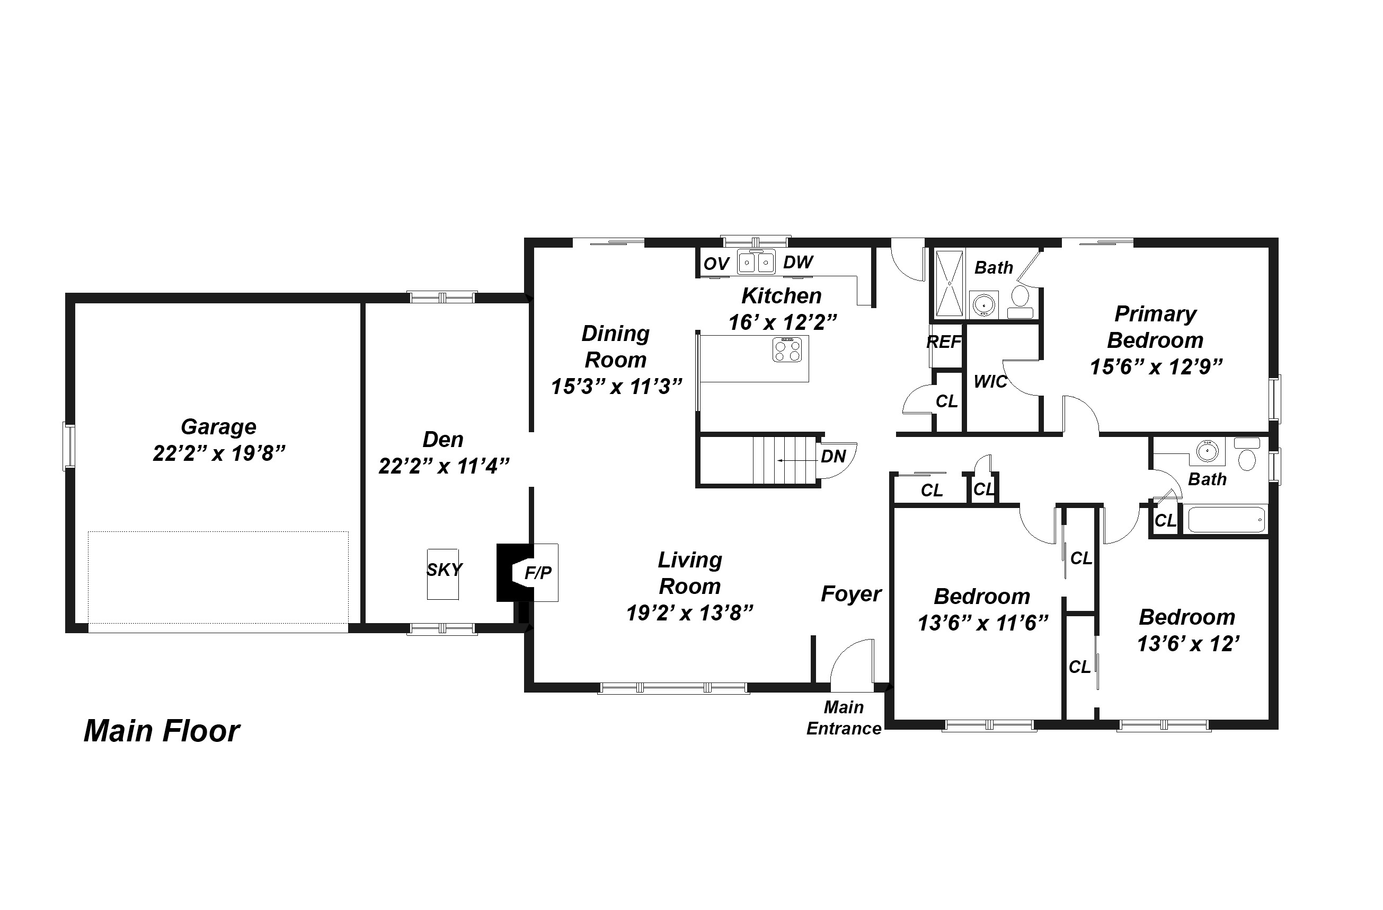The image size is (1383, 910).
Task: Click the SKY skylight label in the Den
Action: (444, 570)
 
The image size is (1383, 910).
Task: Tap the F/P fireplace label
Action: (538, 573)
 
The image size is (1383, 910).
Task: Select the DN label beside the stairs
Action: (834, 457)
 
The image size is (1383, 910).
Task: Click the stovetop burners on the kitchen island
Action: (787, 350)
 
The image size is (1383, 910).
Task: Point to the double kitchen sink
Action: (757, 262)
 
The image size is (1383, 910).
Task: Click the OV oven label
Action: (716, 264)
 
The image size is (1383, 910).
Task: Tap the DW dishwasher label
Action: (798, 262)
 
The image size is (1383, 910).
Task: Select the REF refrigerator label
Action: (944, 342)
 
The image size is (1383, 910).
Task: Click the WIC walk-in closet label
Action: (991, 381)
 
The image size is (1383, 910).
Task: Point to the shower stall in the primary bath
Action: (950, 283)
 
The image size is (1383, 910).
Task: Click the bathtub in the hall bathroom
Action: (1226, 519)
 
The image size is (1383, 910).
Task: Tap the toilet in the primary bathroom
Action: (1021, 301)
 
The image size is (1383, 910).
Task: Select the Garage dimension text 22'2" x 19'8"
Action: (219, 453)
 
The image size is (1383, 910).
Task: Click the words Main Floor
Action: (162, 731)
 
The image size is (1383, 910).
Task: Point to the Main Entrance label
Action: (844, 717)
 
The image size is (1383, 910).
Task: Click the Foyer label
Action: (852, 594)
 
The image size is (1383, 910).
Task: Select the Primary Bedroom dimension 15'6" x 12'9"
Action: (1156, 367)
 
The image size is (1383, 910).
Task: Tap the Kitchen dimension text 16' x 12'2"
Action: (783, 322)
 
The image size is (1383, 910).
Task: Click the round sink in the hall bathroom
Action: (1208, 451)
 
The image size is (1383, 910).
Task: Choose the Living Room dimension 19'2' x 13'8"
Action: (690, 613)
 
